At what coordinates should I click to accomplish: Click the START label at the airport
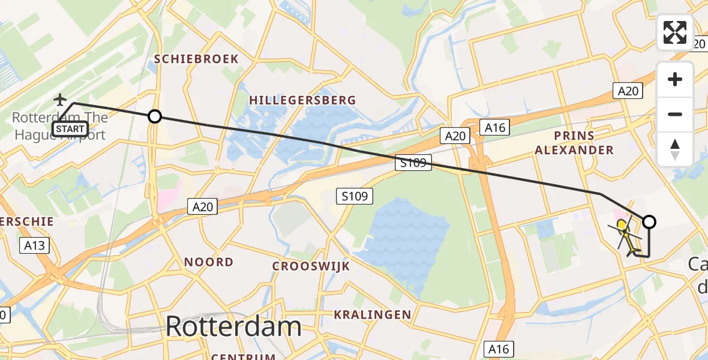pos(70,128)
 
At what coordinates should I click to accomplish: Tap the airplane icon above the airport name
pos(61,99)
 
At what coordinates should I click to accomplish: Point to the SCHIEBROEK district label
pos(196,59)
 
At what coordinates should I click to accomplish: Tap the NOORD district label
pos(209,262)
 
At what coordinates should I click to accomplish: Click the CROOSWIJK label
pos(311,266)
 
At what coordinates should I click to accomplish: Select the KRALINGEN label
pos(373,314)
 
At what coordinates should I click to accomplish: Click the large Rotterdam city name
pos(233,327)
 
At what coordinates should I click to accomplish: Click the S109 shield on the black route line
pos(413,162)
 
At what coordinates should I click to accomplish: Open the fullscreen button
pos(675,32)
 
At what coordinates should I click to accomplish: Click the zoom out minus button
pos(675,114)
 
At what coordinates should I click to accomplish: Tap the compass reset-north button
pos(675,149)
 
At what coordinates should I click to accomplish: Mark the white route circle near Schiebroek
pos(155,116)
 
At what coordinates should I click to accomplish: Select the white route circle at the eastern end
pos(649,222)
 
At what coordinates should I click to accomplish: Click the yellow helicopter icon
pos(626,235)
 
